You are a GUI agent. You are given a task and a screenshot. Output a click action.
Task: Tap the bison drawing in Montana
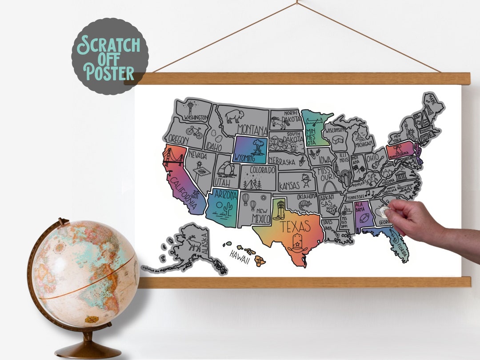[234, 116]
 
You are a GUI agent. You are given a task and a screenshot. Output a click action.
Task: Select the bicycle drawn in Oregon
[194, 132]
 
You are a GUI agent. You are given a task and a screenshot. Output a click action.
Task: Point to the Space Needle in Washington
[191, 108]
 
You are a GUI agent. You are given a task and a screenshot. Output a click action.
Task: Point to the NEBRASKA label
[281, 162]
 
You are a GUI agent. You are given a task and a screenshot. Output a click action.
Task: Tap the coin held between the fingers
[384, 212]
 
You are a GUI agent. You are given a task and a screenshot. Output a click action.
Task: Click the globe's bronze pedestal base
[88, 350]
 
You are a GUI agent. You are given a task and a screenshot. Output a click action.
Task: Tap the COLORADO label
[262, 170]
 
